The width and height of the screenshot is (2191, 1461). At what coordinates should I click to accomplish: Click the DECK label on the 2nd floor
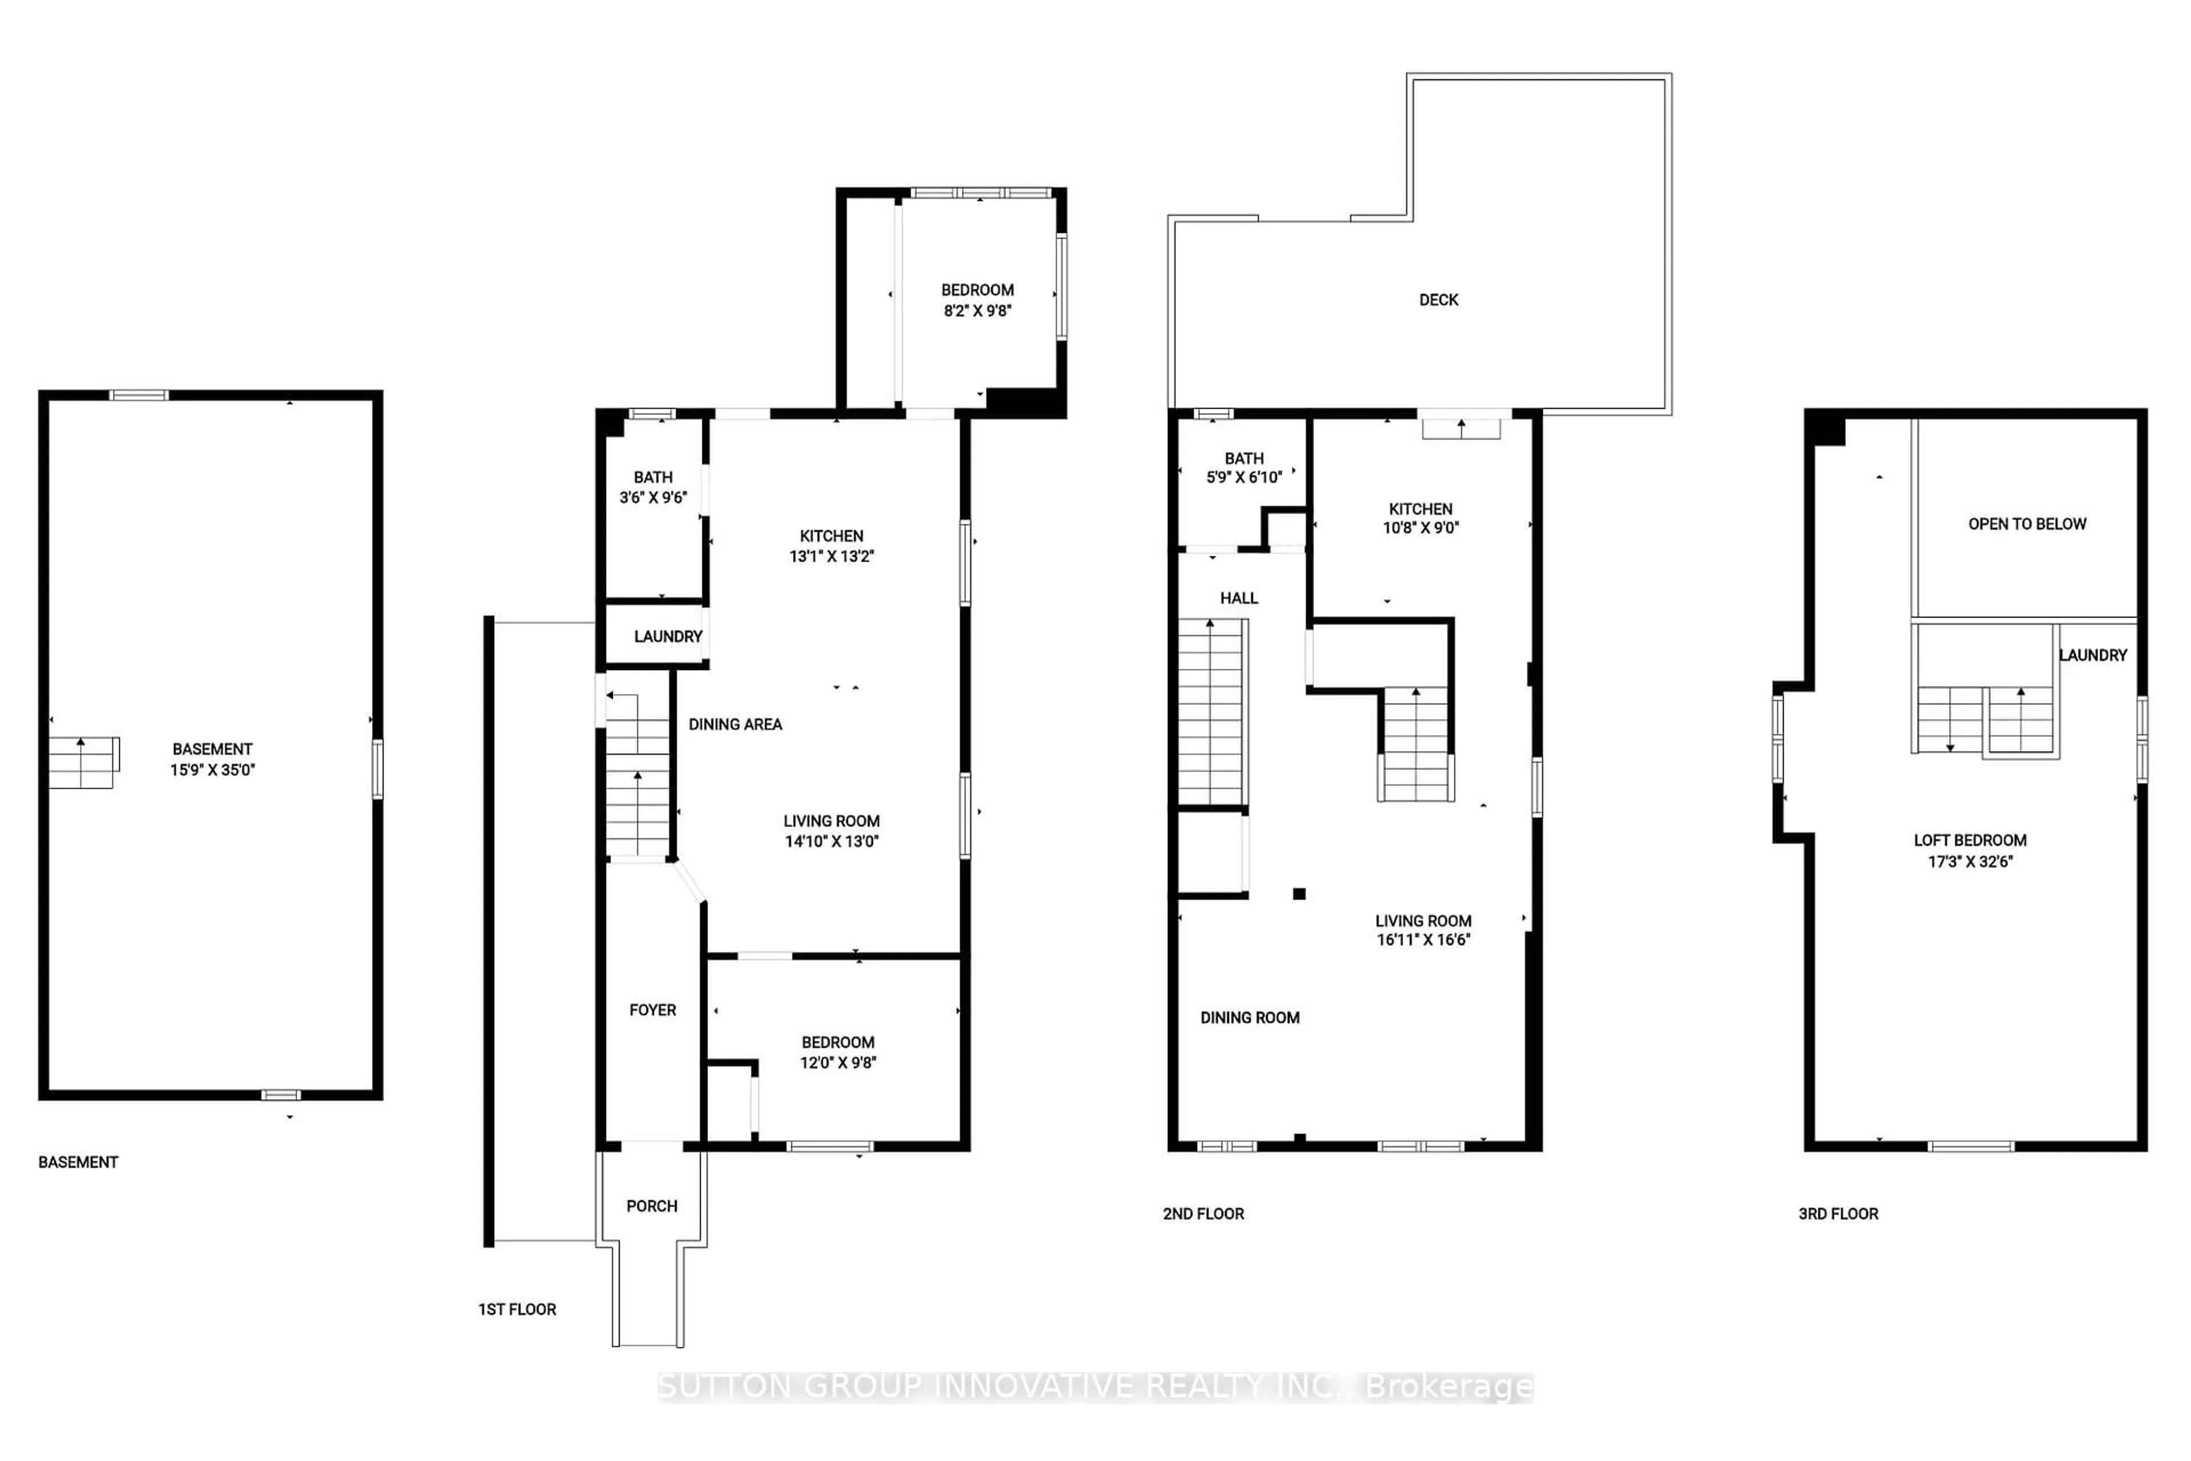tap(1438, 300)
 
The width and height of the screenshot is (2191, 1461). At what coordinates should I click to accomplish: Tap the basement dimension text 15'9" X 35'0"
tap(212, 770)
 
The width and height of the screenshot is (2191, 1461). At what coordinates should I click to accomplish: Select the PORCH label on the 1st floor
tap(651, 1206)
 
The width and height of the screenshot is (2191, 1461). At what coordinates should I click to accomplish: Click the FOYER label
tap(652, 1010)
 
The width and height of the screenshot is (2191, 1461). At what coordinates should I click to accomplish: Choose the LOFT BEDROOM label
tap(1969, 841)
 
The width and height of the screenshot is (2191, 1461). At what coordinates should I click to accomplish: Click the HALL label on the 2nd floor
tap(1239, 598)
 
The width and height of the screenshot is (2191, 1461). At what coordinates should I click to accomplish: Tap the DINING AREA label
tap(735, 724)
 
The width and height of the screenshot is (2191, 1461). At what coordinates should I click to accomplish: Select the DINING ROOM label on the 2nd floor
tap(1249, 1018)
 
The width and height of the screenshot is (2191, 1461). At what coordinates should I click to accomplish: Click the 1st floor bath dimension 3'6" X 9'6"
tap(653, 498)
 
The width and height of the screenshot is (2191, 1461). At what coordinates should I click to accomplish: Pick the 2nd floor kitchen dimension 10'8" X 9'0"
tap(1421, 527)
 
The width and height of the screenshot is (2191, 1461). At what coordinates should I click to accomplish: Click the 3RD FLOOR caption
tap(1838, 1213)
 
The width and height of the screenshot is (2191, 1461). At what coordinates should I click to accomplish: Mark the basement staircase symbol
tap(83, 762)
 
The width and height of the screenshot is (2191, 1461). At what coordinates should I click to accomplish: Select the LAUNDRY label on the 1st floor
tap(667, 636)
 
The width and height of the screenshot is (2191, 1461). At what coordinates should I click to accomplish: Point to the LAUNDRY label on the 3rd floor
tap(2092, 655)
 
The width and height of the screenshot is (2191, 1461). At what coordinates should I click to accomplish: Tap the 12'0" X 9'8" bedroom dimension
tap(838, 1062)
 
